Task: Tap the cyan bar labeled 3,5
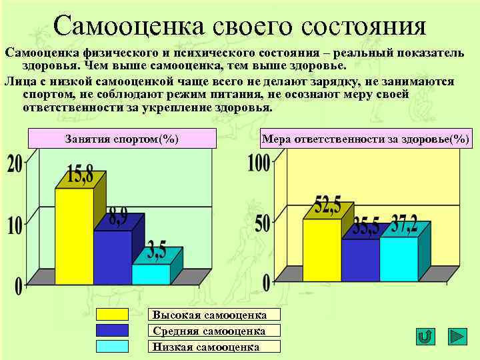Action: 151,273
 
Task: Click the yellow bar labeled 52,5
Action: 322,249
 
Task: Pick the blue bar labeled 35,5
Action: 360,259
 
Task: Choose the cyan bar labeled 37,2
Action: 398,258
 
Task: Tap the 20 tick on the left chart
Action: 15,163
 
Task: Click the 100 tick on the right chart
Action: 259,162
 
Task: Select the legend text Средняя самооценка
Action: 209,331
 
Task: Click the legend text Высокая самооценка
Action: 209,315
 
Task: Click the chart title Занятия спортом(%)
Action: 122,139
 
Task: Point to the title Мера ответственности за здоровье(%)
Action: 365,139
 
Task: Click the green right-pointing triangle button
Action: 457,337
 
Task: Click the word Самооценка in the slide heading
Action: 130,26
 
